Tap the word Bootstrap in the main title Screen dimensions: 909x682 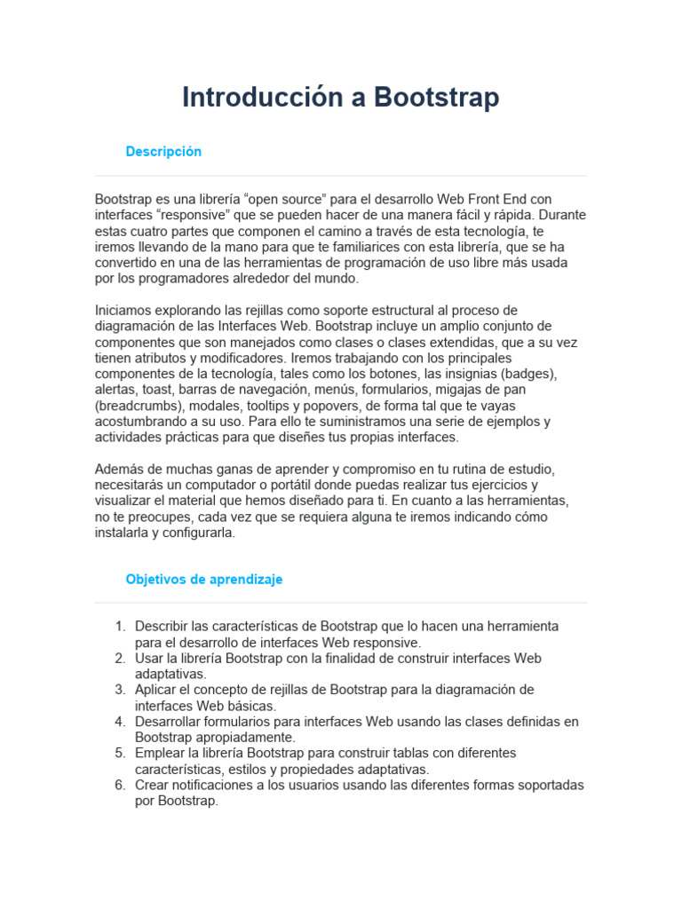pos(436,98)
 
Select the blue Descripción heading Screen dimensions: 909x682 pos(163,152)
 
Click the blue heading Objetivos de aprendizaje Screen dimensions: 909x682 pos(204,579)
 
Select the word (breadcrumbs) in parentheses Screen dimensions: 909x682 pos(138,406)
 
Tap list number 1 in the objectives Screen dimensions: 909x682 pos(120,627)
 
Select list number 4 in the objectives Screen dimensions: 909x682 pos(120,722)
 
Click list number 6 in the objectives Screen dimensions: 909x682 pos(120,786)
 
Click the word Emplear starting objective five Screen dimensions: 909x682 pos(158,754)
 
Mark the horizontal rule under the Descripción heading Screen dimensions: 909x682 pos(341,176)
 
